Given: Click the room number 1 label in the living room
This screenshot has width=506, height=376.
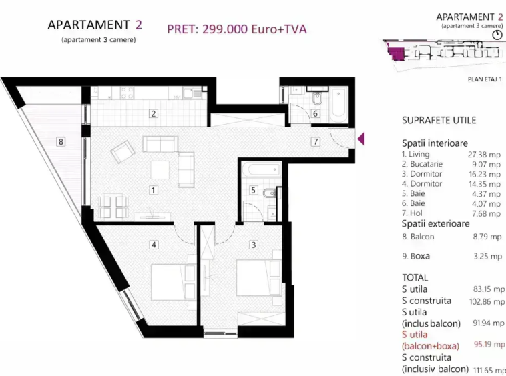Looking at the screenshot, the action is pos(154,191).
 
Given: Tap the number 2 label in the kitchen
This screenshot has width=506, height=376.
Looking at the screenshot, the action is pos(154,113).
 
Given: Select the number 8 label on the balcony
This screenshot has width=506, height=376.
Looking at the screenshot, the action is pos(61,141).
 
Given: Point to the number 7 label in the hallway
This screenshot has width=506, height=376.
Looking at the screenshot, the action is pos(315,141).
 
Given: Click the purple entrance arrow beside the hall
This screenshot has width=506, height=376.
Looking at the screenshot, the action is pos(361,139).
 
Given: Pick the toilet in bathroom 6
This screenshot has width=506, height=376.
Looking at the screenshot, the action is pos(317,99).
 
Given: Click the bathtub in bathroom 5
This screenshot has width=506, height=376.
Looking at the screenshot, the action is pos(261,169).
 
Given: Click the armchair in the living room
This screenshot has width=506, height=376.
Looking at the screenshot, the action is pos(123,151).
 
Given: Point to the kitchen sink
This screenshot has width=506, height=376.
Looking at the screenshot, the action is pos(192,93).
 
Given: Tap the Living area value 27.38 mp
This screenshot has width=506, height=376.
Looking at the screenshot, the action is pos(484,155).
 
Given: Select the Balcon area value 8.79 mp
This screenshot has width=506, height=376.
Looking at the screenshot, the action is pos(487,237).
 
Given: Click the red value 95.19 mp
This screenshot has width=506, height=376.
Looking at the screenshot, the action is pos(489,345).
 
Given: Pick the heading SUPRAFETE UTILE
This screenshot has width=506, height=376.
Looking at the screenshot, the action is pos(439,121).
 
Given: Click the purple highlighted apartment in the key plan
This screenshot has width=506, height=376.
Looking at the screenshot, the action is pos(396,53).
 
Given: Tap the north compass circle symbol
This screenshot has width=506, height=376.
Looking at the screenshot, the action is pos(497,35).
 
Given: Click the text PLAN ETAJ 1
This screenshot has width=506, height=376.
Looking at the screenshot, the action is pos(485,79).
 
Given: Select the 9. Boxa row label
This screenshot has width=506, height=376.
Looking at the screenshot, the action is pos(416,257).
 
